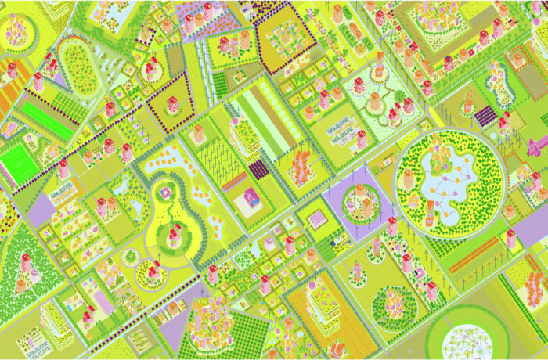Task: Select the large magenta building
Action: click(x=538, y=146)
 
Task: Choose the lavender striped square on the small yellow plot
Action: click(x=317, y=218)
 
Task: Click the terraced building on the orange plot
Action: click(x=320, y=298)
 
